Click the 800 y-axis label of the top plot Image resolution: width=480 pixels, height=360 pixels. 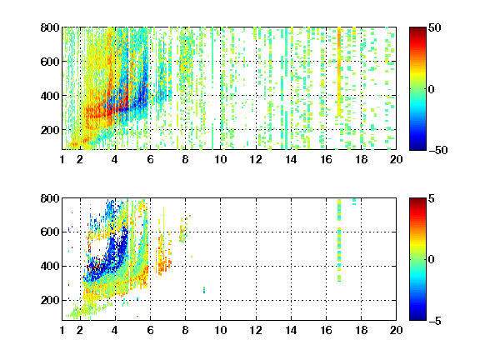[x=50, y=27]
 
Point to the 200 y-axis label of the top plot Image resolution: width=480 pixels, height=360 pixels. [x=50, y=130]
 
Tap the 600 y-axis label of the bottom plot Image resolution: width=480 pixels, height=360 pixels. [x=50, y=232]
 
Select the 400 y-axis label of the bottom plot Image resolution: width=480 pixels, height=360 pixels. [x=50, y=266]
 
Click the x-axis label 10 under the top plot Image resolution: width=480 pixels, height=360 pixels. [x=220, y=159]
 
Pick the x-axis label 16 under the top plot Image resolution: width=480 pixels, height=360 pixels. [x=326, y=159]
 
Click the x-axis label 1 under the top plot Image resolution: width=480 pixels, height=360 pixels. [x=62, y=159]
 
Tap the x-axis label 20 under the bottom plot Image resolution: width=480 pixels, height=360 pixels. [x=396, y=330]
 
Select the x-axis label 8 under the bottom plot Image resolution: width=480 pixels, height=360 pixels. [x=185, y=330]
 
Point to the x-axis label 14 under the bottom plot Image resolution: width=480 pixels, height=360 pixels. [x=291, y=330]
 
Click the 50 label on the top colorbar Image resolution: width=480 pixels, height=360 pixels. [x=434, y=27]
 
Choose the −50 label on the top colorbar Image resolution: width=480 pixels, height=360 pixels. [x=437, y=150]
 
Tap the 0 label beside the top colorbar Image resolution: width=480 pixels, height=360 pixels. [x=431, y=89]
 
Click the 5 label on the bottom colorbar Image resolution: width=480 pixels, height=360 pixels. [x=431, y=198]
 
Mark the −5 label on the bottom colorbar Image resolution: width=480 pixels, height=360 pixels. [x=435, y=321]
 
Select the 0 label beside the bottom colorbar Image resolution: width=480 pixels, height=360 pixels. [x=431, y=260]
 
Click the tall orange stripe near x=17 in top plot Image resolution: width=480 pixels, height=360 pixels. [x=339, y=72]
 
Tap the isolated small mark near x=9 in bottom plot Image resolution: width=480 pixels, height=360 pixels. [x=204, y=290]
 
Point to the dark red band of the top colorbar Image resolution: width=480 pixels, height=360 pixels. [x=417, y=32]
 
